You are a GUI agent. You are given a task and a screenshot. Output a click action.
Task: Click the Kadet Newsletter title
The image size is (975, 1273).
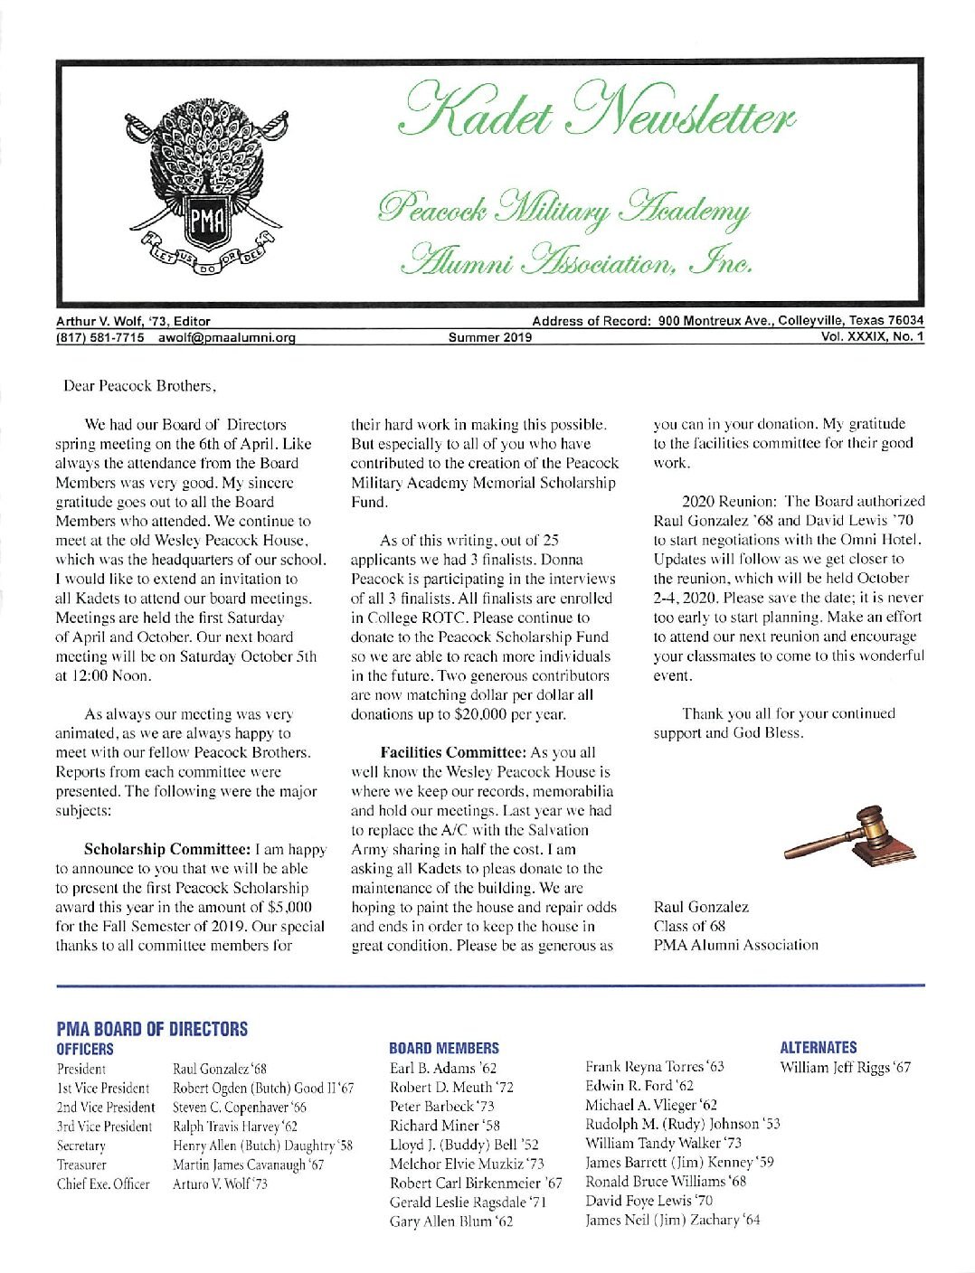tap(599, 116)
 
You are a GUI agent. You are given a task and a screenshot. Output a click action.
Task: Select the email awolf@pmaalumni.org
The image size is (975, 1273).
tap(227, 338)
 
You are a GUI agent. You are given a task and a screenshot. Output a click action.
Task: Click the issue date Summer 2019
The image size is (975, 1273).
tap(490, 338)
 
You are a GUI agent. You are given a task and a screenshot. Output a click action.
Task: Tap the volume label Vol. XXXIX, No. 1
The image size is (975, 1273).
tap(871, 337)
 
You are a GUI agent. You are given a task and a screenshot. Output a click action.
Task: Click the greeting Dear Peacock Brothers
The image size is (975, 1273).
tap(139, 386)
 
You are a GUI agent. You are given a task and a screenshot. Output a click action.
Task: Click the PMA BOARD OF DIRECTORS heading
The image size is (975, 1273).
tap(152, 1029)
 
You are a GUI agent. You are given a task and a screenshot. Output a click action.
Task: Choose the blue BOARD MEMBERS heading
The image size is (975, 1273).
tap(444, 1048)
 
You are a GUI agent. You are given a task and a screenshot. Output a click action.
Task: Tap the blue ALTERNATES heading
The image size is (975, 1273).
tap(819, 1047)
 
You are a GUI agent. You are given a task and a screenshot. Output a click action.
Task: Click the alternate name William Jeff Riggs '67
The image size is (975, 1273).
tap(846, 1068)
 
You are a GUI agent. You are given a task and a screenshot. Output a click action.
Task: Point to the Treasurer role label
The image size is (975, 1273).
tap(81, 1165)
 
